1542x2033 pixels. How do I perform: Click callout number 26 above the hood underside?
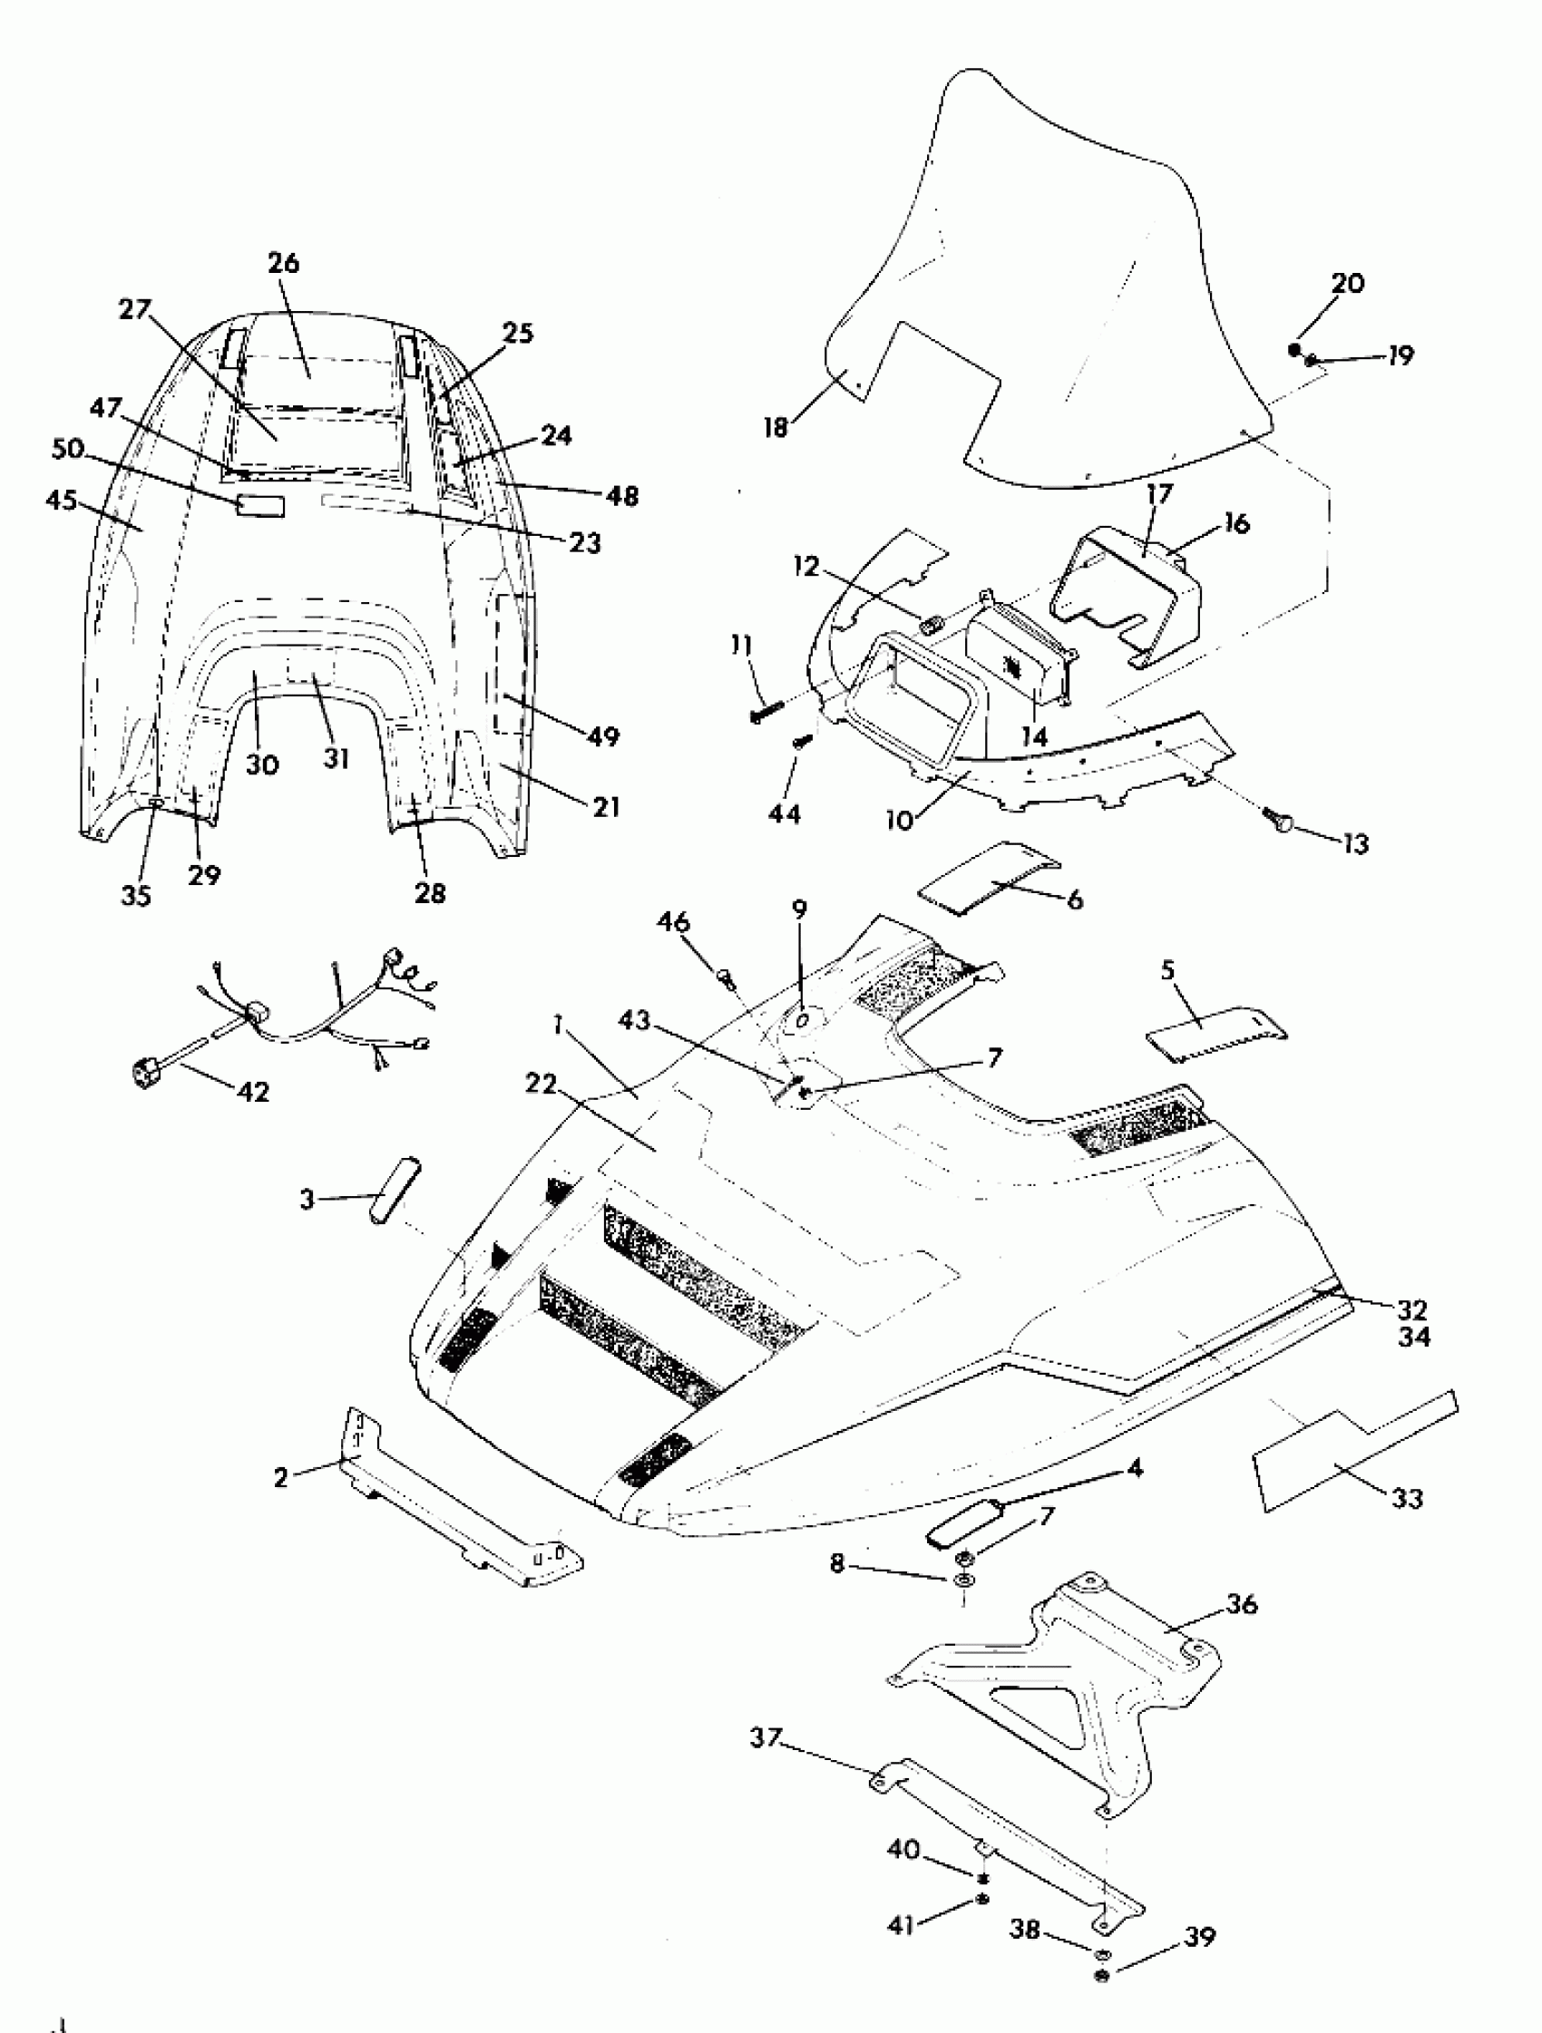[283, 263]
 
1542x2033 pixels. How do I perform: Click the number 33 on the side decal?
[1407, 1498]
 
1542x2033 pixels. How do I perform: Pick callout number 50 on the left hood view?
[68, 450]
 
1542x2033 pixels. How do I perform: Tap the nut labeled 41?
[983, 1898]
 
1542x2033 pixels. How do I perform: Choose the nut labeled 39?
[1103, 1976]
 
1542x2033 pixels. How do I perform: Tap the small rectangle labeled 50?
[261, 504]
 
